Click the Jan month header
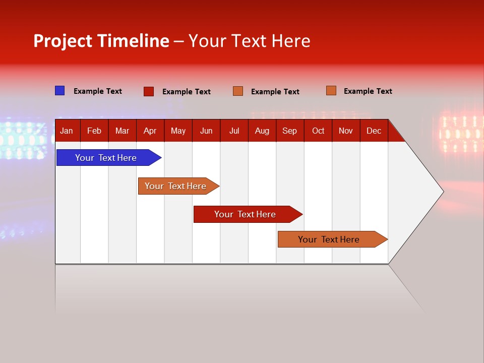pyautogui.click(x=67, y=131)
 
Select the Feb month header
pyautogui.click(x=94, y=131)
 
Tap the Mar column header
pyautogui.click(x=122, y=131)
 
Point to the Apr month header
pyautogui.click(x=150, y=131)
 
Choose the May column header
pyautogui.click(x=178, y=131)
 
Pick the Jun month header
pyautogui.click(x=206, y=131)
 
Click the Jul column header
pyautogui.click(x=234, y=131)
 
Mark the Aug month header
pyautogui.click(x=262, y=131)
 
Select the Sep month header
pyautogui.click(x=290, y=131)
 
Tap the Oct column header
pyautogui.click(x=318, y=131)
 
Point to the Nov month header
pyautogui.click(x=346, y=131)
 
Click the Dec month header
pyautogui.click(x=374, y=131)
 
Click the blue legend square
pyautogui.click(x=60, y=91)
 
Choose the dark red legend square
pyautogui.click(x=149, y=91)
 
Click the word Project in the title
pyautogui.click(x=63, y=41)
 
